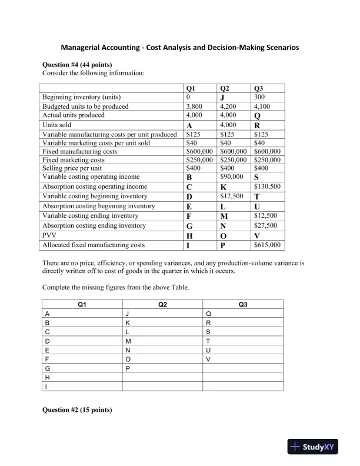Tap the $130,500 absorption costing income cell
point(266,186)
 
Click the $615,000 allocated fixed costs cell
point(266,245)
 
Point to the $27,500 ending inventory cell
point(265,225)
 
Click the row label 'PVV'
point(50,235)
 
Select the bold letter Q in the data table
point(256,116)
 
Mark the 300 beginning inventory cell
point(259,96)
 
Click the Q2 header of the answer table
point(162,304)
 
